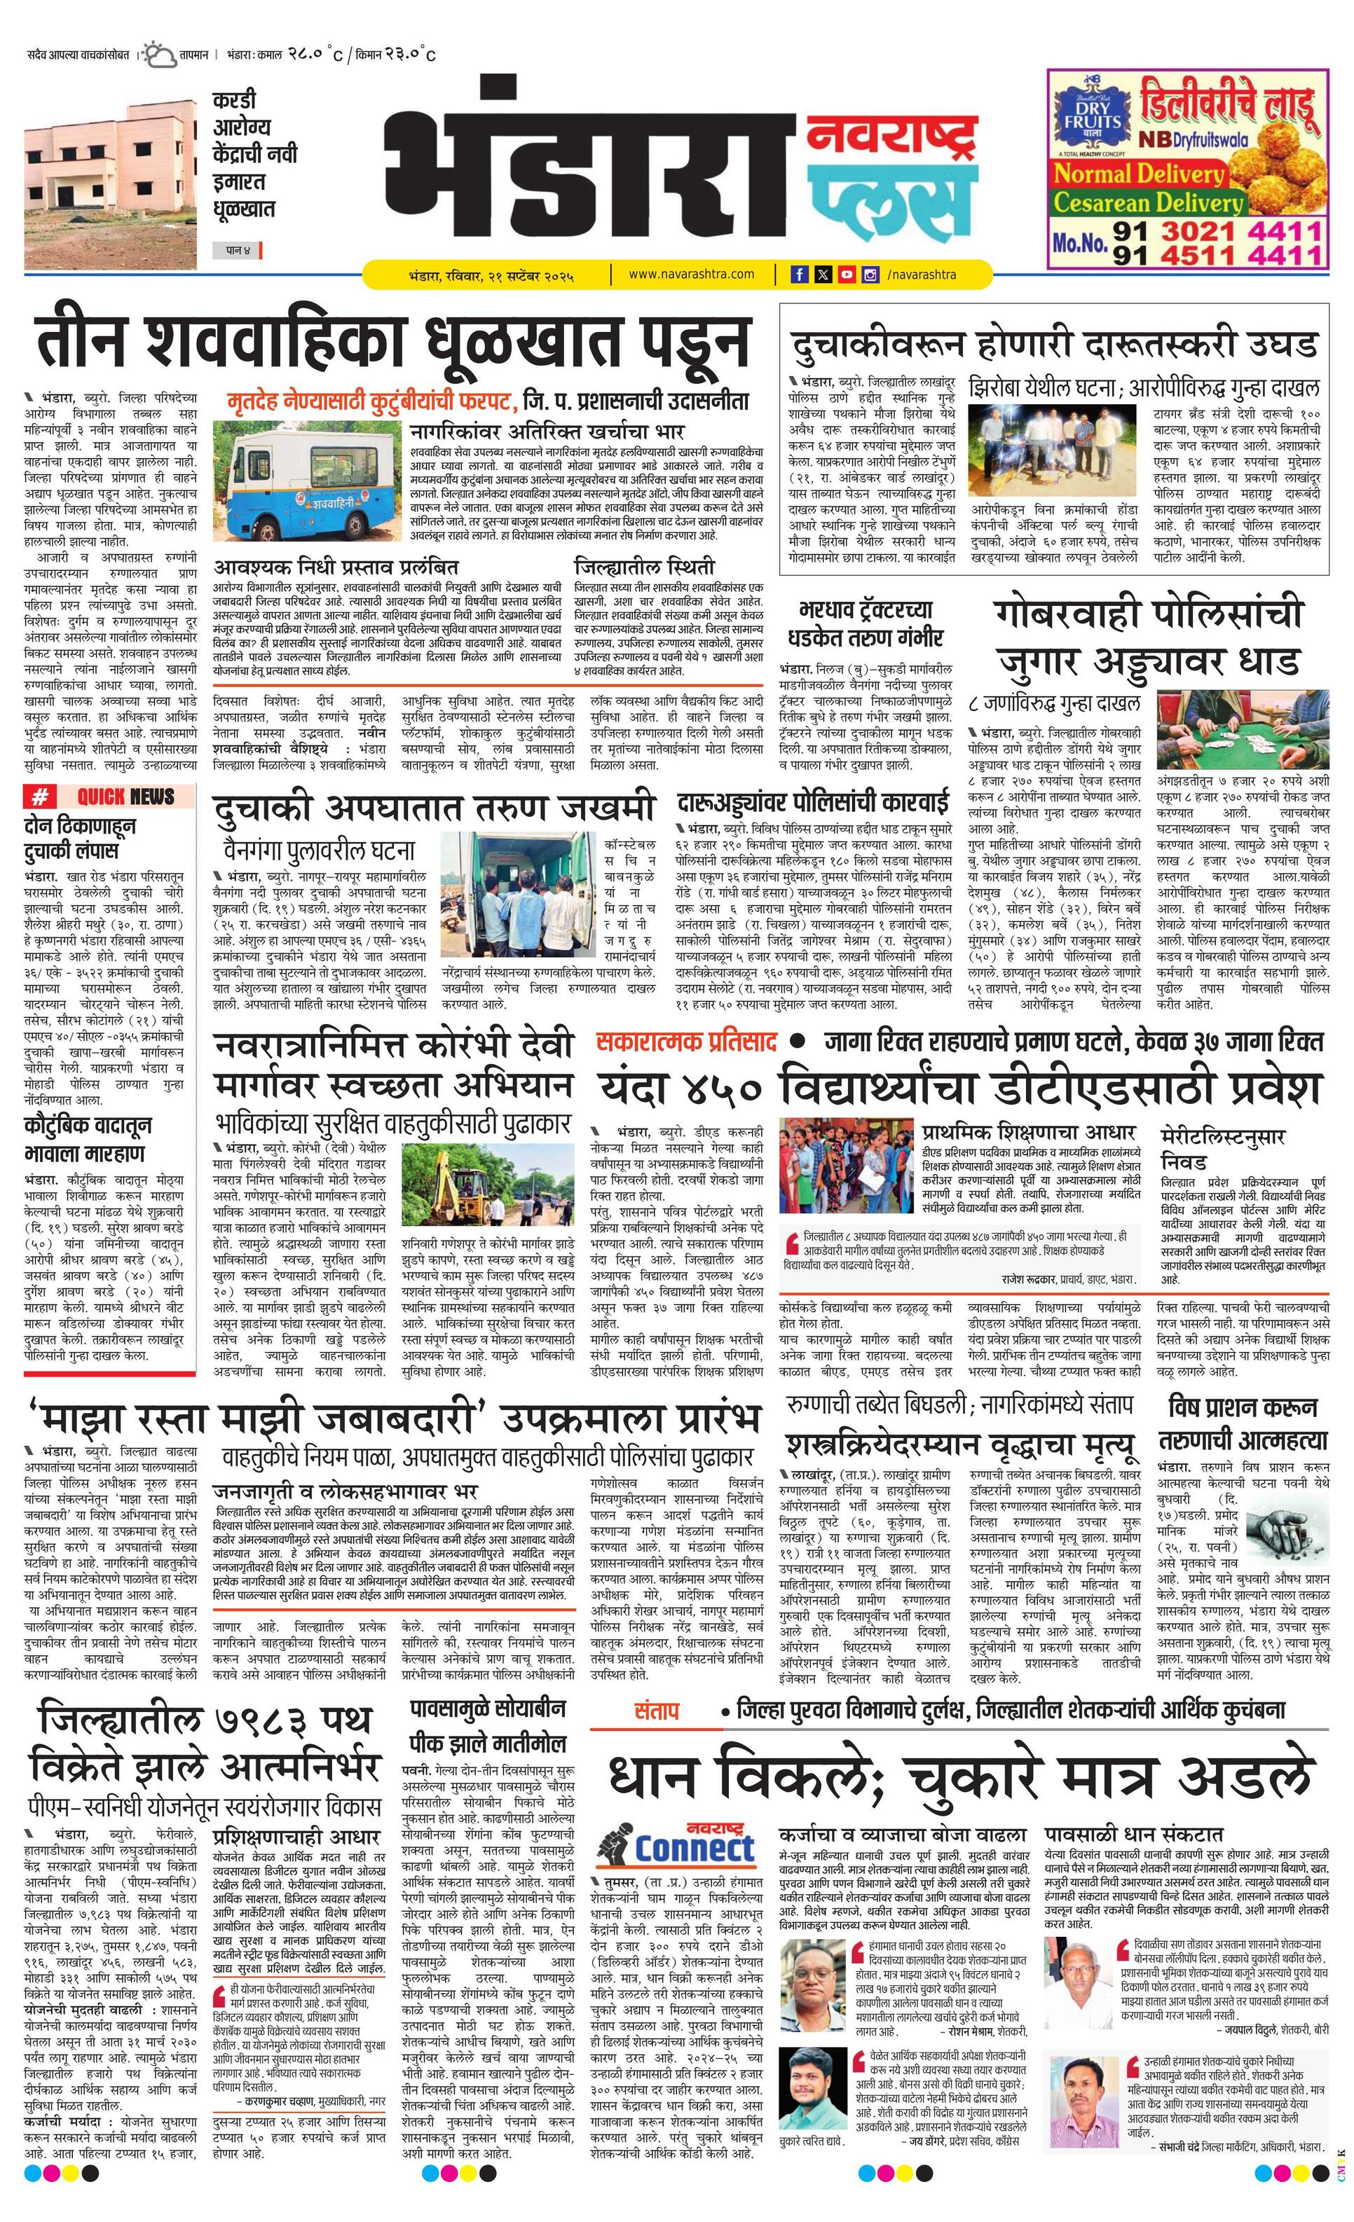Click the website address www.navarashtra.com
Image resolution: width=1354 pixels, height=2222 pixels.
tap(691, 274)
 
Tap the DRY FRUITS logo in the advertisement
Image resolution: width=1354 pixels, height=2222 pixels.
tap(1093, 116)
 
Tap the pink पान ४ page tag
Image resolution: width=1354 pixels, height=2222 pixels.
tap(233, 250)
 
